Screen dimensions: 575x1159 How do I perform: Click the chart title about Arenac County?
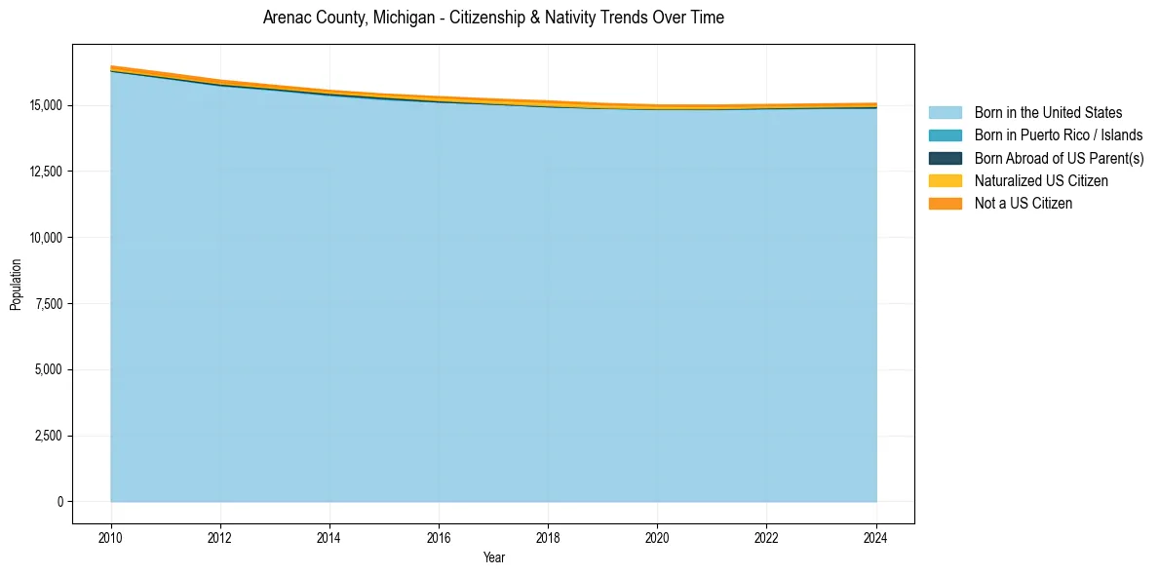[493, 18]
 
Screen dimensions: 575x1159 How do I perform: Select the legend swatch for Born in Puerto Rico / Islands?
[945, 135]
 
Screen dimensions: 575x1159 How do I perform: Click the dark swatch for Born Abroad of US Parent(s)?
[945, 158]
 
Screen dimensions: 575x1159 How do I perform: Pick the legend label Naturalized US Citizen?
[1041, 181]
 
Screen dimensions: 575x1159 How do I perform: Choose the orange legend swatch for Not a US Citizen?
[945, 204]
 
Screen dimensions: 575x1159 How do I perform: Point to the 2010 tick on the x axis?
[111, 535]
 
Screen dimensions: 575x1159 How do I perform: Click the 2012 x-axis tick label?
[220, 535]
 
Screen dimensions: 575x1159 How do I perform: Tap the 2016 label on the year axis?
[439, 535]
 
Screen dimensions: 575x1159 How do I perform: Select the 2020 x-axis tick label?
[658, 535]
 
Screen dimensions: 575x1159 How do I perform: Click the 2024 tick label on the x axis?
[876, 535]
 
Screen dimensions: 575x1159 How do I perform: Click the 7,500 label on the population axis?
[47, 304]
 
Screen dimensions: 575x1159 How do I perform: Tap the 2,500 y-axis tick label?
[47, 436]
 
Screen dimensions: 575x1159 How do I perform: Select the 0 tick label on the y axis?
[59, 502]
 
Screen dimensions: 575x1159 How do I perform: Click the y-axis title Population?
[16, 284]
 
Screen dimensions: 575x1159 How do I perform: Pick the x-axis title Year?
[493, 557]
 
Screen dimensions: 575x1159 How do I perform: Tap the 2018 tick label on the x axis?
[549, 535]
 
